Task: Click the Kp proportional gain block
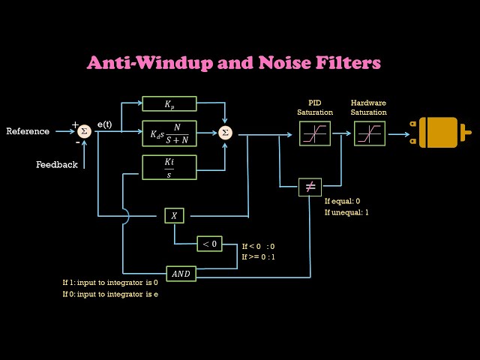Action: tap(169, 103)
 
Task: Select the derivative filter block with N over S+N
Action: tap(169, 133)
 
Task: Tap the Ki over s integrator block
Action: tap(169, 167)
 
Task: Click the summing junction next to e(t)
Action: tap(84, 131)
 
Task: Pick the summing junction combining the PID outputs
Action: tap(225, 133)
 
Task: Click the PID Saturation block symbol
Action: tap(310, 133)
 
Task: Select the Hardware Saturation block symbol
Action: tap(369, 133)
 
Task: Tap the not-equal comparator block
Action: tap(310, 187)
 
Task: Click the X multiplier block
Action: tap(174, 215)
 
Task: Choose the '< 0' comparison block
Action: tap(209, 244)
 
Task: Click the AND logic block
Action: tap(181, 274)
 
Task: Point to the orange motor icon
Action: tap(442, 133)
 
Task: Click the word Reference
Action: tap(28, 131)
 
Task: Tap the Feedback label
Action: tap(56, 164)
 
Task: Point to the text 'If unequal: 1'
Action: tap(346, 212)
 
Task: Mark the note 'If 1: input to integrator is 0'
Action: tap(110, 283)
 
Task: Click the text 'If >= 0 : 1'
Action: tap(258, 257)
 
